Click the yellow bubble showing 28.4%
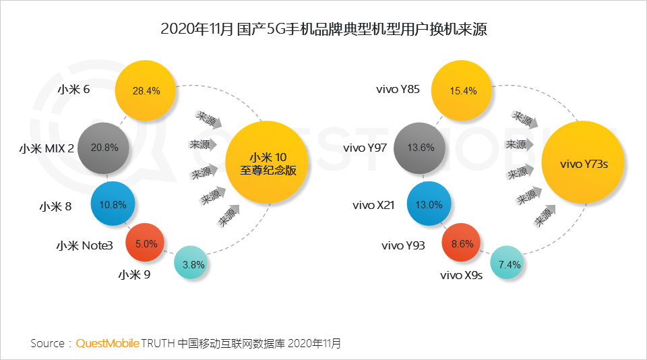coord(146,90)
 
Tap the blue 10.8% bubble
coord(114,204)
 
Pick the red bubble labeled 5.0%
coord(146,243)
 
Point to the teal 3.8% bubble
coord(193,265)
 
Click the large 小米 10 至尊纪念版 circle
coord(268,162)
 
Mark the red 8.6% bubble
coord(462,244)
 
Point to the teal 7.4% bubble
coord(509,265)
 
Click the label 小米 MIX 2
coord(47,148)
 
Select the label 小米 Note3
coord(84,245)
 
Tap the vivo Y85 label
coord(398,89)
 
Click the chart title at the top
coord(323,30)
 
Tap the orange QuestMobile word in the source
coord(107,343)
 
